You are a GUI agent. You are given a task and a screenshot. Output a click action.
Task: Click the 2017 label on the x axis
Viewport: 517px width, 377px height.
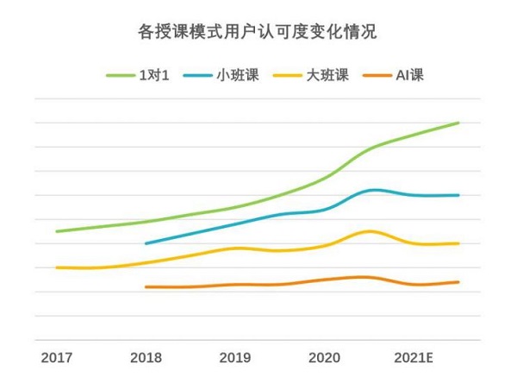click(x=56, y=356)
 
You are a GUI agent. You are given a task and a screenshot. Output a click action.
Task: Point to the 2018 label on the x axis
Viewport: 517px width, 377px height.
click(x=146, y=356)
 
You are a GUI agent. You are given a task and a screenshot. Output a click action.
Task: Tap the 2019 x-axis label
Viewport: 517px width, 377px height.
click(x=235, y=356)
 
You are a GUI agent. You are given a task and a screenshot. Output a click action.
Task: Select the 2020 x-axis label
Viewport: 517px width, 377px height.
click(x=325, y=356)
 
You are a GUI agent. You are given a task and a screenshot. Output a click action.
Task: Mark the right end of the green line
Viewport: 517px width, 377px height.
click(x=458, y=123)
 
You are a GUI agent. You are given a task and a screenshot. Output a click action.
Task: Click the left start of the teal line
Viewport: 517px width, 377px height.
click(x=146, y=244)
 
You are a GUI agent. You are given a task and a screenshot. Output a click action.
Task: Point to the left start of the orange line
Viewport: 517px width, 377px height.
click(x=146, y=286)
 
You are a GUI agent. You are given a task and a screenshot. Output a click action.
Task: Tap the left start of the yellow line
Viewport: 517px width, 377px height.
click(x=57, y=267)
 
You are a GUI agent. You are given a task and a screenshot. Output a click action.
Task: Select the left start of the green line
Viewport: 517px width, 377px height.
click(x=57, y=231)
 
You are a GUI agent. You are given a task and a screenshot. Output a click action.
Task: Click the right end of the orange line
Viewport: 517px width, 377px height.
click(x=458, y=282)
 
